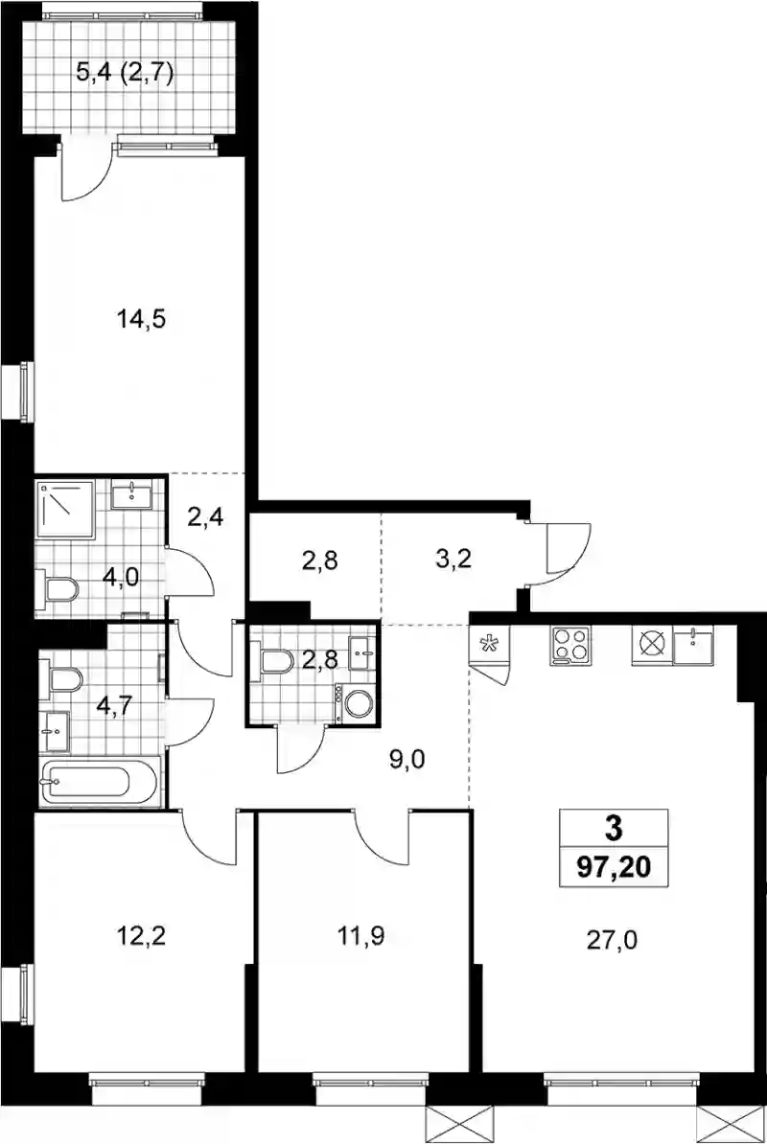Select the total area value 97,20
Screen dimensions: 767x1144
(613, 867)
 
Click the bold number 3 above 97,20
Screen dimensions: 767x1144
(613, 828)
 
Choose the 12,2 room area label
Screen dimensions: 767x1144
(142, 935)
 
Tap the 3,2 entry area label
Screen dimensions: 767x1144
(450, 561)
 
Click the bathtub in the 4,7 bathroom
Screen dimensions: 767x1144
(100, 783)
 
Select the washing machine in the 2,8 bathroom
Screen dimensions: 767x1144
(357, 704)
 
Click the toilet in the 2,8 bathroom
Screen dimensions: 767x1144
(270, 660)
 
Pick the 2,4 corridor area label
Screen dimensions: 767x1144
(206, 517)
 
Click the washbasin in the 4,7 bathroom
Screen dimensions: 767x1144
(55, 730)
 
